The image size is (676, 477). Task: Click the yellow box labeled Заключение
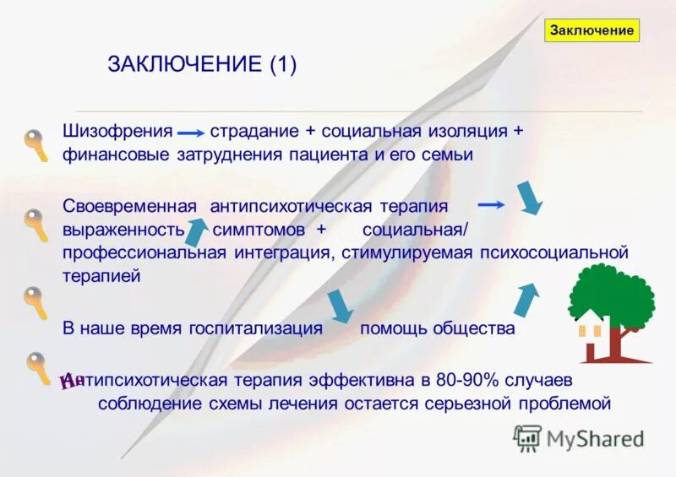[591, 30]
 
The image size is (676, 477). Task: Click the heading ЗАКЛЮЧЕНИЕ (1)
[202, 65]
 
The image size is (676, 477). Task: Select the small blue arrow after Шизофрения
[191, 133]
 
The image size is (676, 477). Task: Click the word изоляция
[470, 132]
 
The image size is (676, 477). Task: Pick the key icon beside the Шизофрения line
[35, 145]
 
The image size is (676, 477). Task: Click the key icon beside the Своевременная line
[35, 225]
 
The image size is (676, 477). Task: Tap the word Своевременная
[130, 206]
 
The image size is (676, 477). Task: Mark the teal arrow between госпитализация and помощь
[340, 306]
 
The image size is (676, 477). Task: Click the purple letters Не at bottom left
[73, 382]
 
